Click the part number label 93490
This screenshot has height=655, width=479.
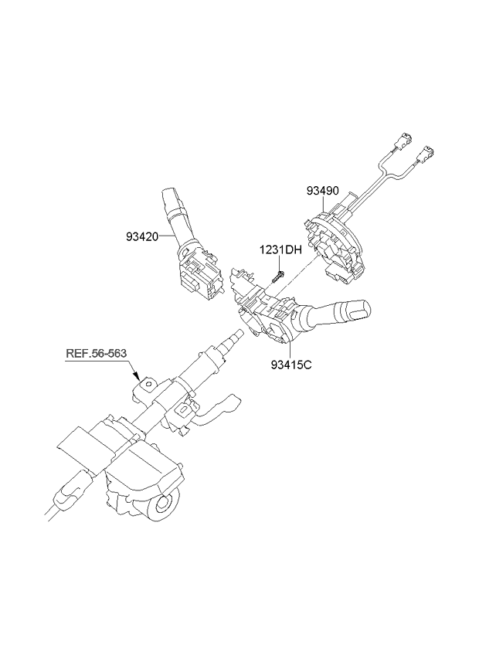323,191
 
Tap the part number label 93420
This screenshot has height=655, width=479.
142,237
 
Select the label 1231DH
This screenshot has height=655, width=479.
280,250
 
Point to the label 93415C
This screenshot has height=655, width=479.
291,365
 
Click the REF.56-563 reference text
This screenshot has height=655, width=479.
96,354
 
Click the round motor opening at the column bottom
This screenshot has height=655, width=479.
164,505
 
